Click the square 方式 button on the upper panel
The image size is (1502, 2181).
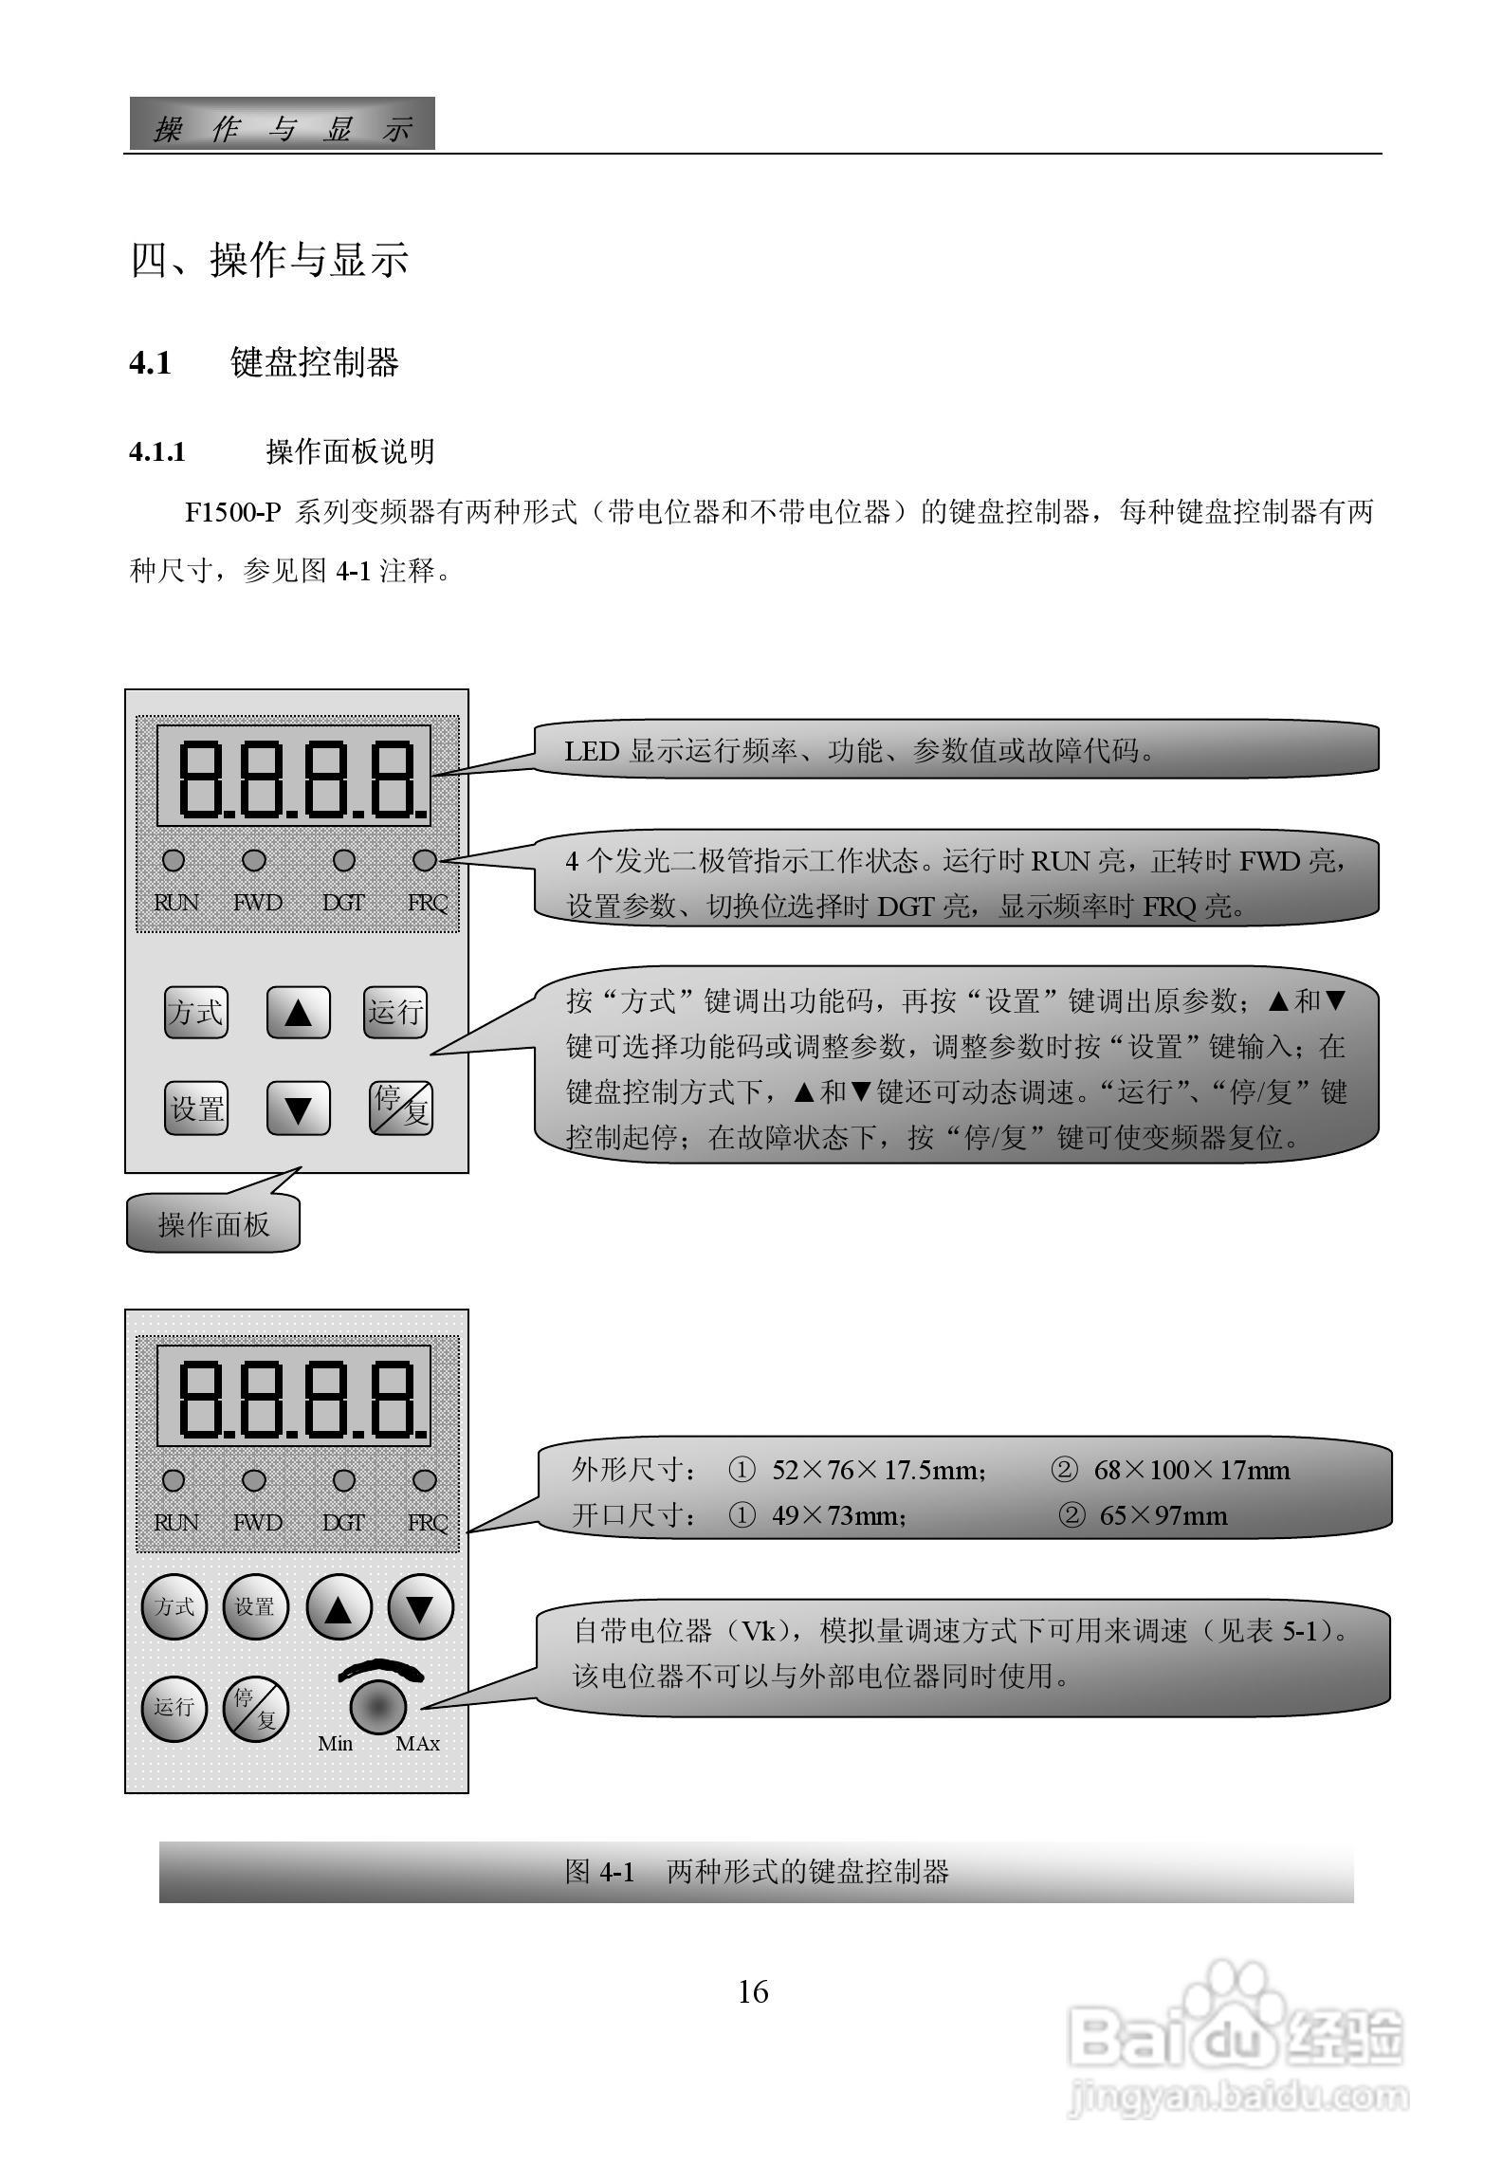[196, 1013]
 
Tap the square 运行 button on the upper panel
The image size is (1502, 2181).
[394, 1013]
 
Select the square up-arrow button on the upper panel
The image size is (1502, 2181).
[298, 1013]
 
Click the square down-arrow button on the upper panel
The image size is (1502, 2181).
[298, 1109]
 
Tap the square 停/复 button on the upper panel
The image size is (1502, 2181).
[400, 1109]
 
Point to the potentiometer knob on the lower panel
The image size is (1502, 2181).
[378, 1707]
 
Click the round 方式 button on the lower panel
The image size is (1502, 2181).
[174, 1606]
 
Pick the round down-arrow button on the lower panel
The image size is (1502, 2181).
[420, 1606]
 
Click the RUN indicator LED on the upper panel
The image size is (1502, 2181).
[174, 861]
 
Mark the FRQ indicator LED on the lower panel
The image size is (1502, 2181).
[425, 1480]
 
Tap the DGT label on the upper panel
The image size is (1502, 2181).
[342, 903]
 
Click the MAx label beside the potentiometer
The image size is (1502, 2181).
[417, 1744]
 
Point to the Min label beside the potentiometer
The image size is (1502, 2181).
[335, 1744]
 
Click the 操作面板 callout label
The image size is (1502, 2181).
[213, 1224]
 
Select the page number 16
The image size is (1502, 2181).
[753, 1991]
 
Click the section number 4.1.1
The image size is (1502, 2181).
[157, 452]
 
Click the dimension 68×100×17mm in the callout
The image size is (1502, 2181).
[1191, 1471]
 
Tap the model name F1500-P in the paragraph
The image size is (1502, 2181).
[233, 513]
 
